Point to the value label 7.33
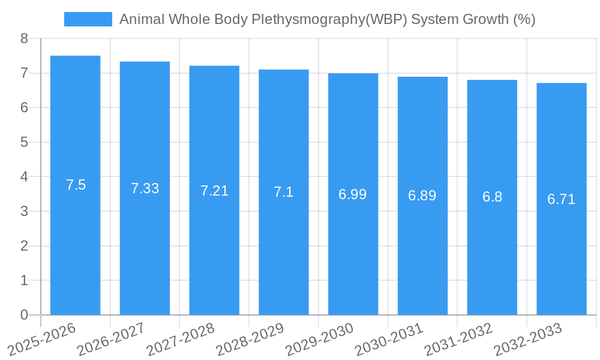point(145,188)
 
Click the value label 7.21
point(214,191)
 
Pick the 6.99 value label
point(353,194)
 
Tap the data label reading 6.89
point(422,196)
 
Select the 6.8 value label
point(492,197)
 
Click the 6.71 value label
point(562,199)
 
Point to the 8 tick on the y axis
point(24,39)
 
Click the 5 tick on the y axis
point(24,142)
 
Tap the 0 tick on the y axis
point(24,315)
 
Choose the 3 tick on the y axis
point(24,211)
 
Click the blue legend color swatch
point(88,19)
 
